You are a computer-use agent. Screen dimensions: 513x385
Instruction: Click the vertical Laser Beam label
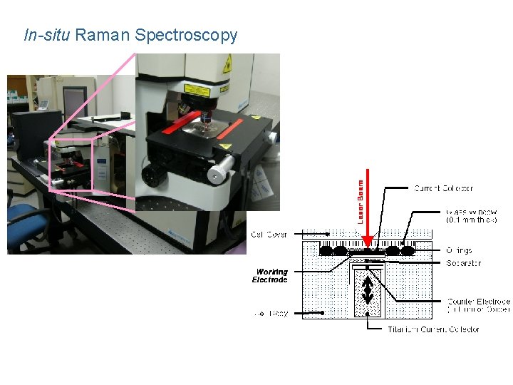click(361, 201)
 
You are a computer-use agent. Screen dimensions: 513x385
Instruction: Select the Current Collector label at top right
click(443, 188)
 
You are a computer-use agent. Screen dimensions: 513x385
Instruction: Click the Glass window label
click(471, 216)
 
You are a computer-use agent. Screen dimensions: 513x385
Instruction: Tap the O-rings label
click(459, 250)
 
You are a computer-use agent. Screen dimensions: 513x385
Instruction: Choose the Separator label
click(463, 263)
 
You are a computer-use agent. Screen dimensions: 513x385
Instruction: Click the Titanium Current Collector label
click(433, 329)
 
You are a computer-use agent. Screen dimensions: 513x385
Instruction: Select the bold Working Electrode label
click(270, 276)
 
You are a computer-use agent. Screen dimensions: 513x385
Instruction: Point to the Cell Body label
click(271, 313)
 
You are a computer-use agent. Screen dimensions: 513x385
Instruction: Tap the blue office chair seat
click(22, 214)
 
